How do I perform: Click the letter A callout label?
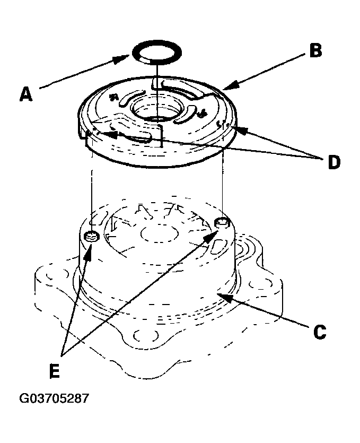click(x=26, y=94)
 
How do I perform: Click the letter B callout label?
click(x=315, y=51)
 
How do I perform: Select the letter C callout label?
click(x=320, y=332)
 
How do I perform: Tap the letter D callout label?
click(x=334, y=162)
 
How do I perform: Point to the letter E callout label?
click(x=55, y=370)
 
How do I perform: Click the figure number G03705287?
click(x=54, y=398)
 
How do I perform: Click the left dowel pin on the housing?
click(x=92, y=236)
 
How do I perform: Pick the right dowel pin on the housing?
click(x=223, y=223)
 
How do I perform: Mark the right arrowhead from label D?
click(x=240, y=129)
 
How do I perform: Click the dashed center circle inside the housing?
click(x=159, y=233)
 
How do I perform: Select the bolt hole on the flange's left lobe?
click(x=57, y=274)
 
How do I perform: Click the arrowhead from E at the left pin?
click(x=88, y=252)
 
